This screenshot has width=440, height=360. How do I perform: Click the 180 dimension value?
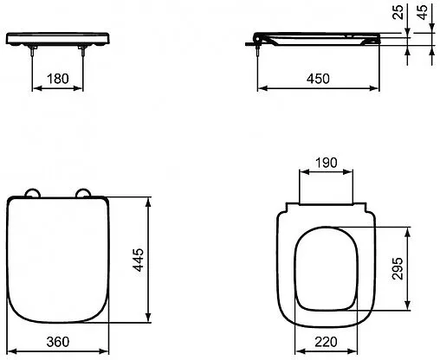coord(57,78)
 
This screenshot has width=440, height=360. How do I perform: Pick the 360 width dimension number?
coord(58,344)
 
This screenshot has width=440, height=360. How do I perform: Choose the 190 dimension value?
coord(326,164)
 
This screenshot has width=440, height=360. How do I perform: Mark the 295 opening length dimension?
coord(422,267)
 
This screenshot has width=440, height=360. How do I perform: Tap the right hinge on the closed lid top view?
coord(84,193)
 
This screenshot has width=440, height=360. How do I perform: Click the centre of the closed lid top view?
coord(58,260)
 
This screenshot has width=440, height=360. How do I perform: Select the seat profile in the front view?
coord(58,39)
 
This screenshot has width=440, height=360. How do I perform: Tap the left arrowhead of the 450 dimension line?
coord(262,87)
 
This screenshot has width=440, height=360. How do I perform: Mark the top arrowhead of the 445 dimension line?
coord(153,202)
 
